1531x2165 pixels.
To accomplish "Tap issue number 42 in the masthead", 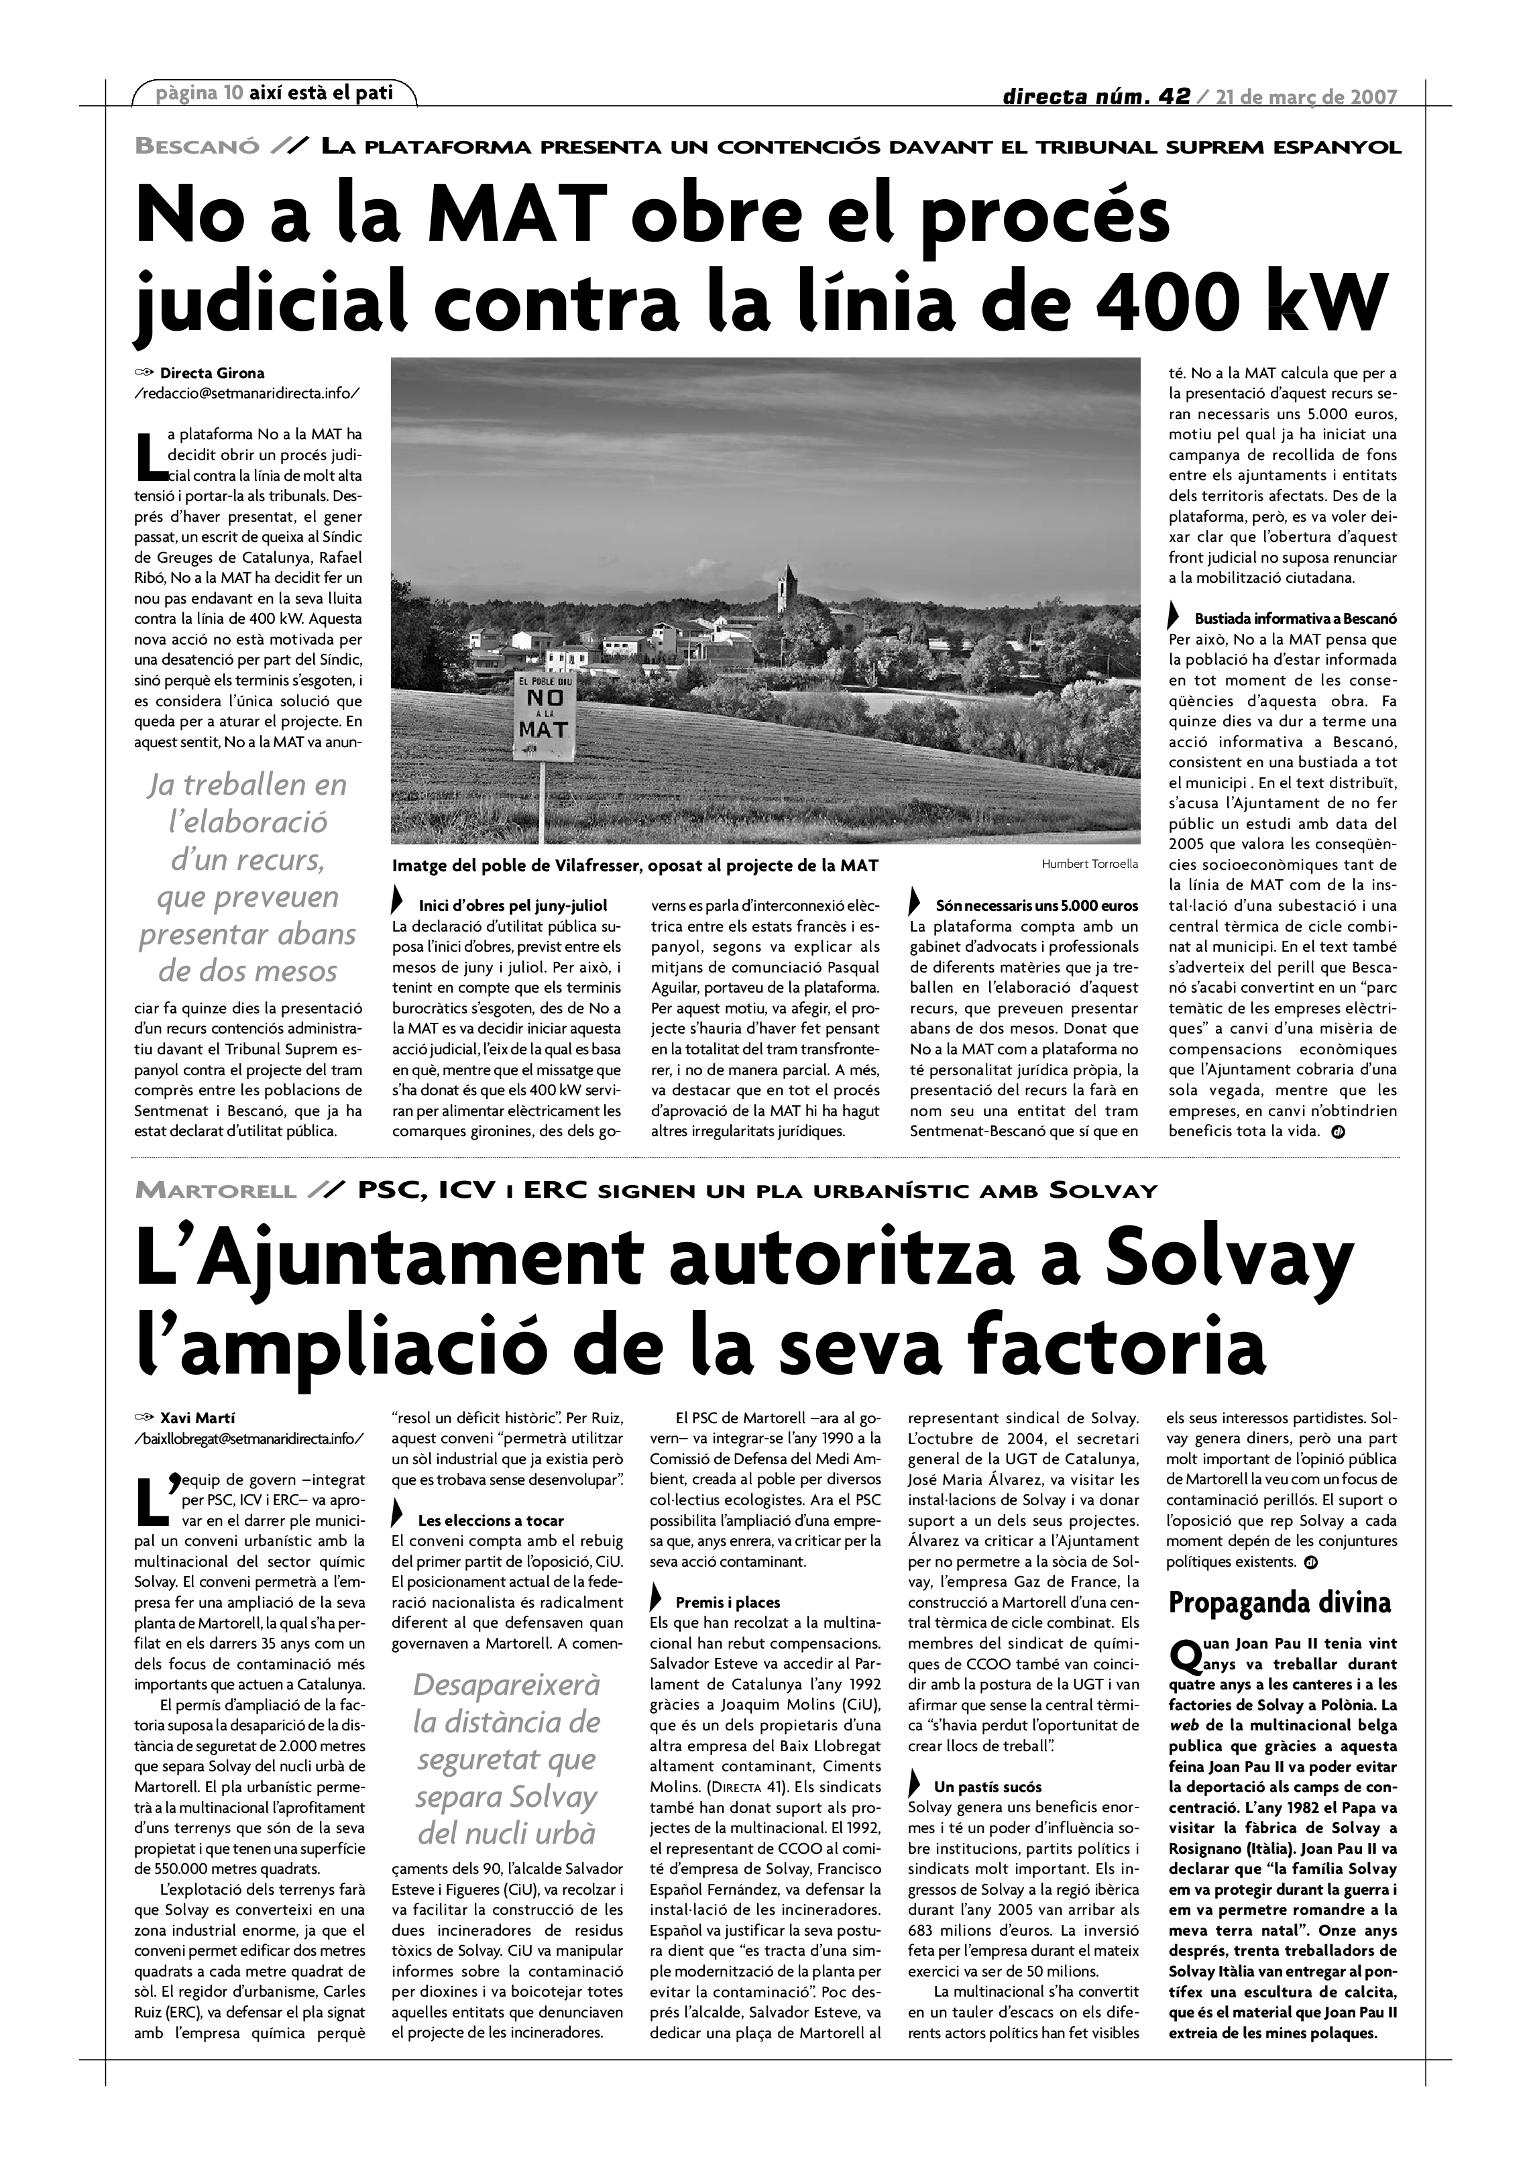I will (1172, 96).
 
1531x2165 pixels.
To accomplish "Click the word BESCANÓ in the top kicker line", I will (197, 146).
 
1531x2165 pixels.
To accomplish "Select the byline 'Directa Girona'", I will (212, 372).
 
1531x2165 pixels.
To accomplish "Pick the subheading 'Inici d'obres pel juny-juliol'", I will (512, 905).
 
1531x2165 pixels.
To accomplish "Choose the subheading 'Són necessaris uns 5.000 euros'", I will (1036, 905).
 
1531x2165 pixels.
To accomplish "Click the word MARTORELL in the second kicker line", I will (216, 1190).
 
